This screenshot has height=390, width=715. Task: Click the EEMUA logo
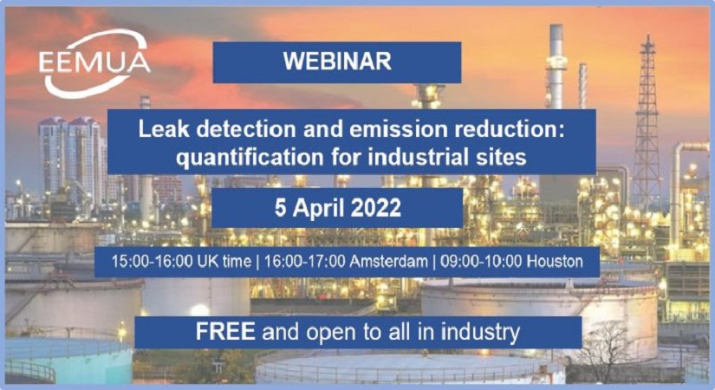click(x=94, y=63)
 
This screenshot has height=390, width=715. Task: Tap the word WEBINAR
click(x=337, y=62)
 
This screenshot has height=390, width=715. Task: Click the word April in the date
click(x=318, y=209)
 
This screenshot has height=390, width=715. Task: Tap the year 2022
click(x=376, y=208)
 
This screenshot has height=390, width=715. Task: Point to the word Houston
click(x=555, y=262)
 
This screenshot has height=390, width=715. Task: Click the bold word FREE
click(x=225, y=332)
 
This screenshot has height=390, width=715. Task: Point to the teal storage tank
click(x=68, y=361)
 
